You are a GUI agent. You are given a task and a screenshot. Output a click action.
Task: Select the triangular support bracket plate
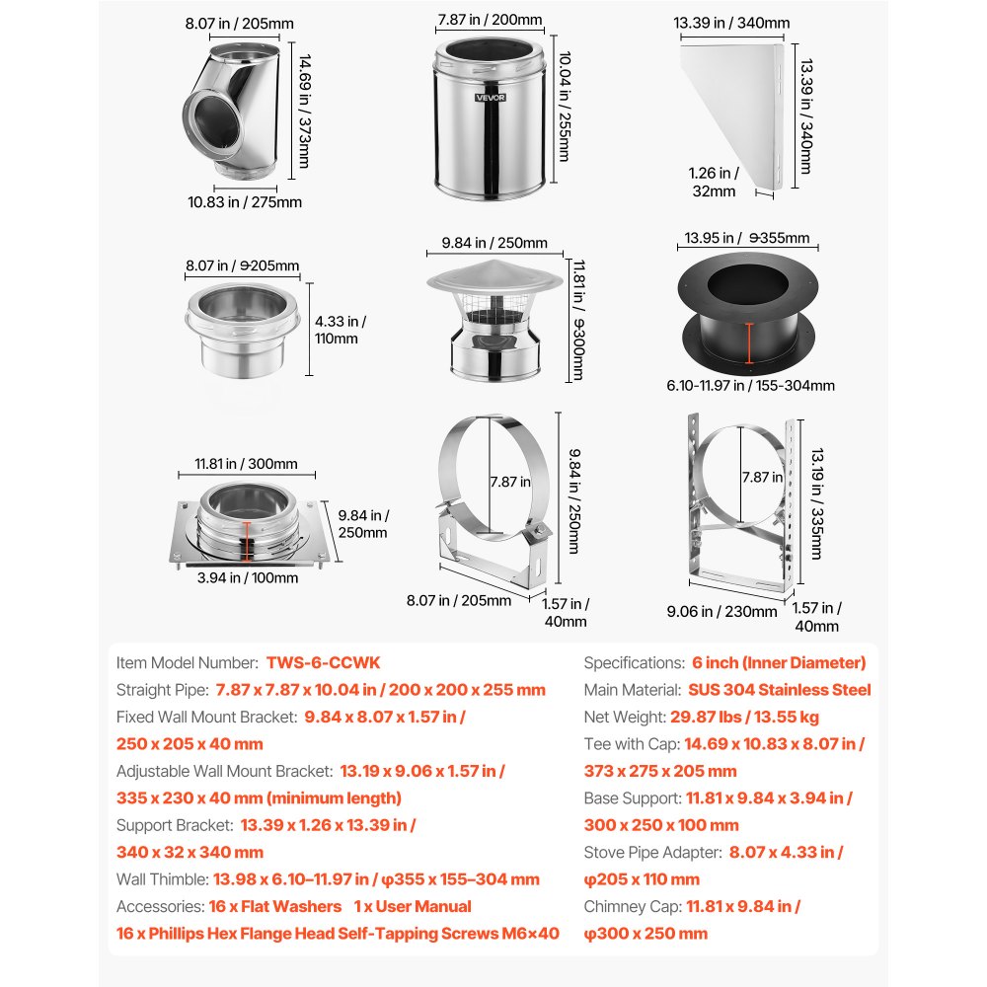tap(730, 109)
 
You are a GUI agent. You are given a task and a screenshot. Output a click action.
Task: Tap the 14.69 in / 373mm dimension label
tap(303, 111)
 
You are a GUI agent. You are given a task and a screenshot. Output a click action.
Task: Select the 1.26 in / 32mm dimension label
tap(712, 183)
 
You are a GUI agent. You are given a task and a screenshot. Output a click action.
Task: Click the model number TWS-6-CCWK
tap(323, 663)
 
